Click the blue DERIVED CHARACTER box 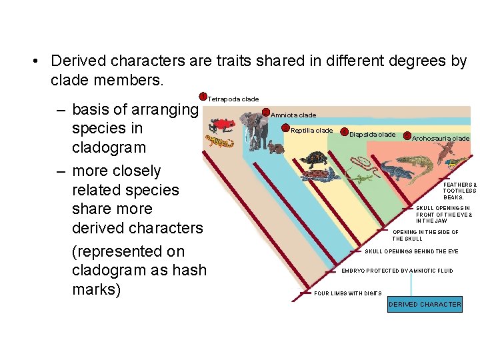425,304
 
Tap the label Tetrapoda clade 233,99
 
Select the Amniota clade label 293,115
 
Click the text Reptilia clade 311,131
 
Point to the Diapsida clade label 372,135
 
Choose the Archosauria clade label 441,139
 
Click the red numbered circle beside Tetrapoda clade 203,97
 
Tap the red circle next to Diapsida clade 344,132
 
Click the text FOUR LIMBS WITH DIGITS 347,293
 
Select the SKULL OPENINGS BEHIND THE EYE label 411,251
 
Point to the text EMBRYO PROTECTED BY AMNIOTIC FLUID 397,271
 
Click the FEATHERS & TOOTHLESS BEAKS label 459,191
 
